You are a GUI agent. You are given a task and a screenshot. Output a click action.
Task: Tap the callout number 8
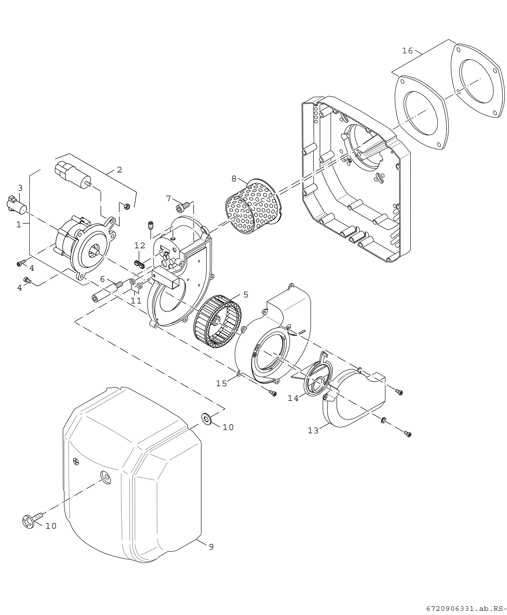[234, 179]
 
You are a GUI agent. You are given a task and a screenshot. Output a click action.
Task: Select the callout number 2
[119, 170]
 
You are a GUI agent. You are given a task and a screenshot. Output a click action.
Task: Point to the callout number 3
[20, 188]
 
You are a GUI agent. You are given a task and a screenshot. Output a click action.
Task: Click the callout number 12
[140, 245]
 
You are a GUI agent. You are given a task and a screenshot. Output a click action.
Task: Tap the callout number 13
[313, 431]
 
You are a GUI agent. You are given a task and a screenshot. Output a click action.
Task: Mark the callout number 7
[169, 199]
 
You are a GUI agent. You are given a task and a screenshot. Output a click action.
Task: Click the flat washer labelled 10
[207, 419]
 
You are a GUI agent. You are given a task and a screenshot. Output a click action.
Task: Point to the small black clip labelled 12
[140, 264]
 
